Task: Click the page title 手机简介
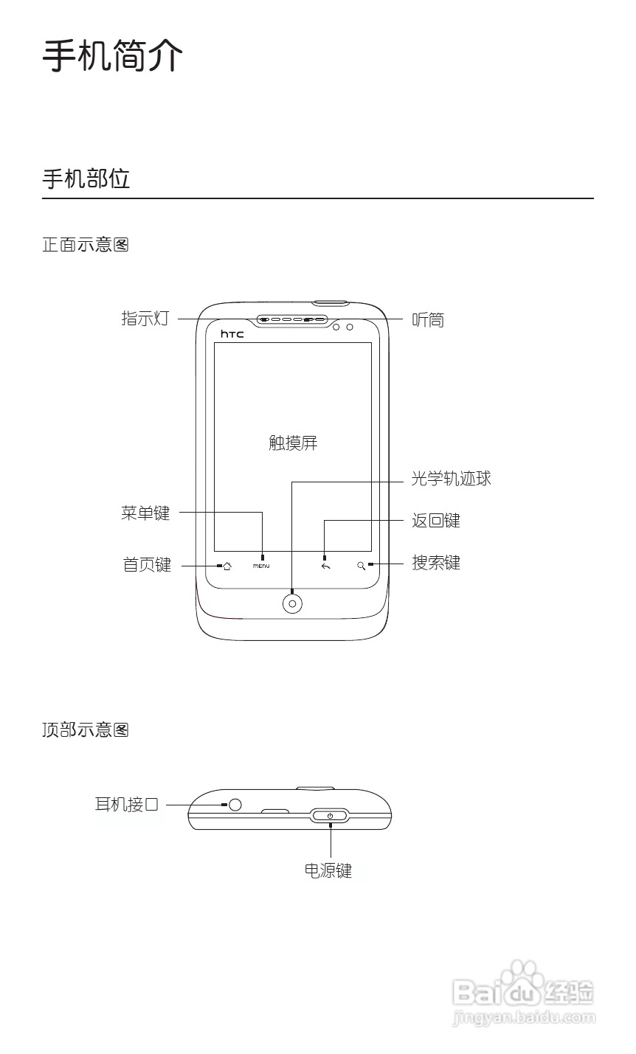(112, 55)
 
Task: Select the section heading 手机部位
(86, 179)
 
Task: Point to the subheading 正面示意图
(86, 245)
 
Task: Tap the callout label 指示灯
(145, 319)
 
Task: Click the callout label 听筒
(428, 319)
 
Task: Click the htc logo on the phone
(232, 334)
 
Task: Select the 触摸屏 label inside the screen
(293, 443)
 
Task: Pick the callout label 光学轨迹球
(451, 479)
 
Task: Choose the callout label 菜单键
(145, 513)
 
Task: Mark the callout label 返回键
(435, 521)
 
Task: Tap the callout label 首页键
(146, 565)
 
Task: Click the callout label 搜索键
(435, 563)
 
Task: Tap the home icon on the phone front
(227, 566)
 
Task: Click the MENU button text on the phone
(261, 566)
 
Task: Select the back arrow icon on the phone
(325, 566)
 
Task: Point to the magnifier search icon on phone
(361, 566)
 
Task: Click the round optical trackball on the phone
(293, 603)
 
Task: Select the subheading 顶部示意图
(86, 730)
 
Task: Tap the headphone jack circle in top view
(235, 805)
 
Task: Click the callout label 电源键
(328, 870)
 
